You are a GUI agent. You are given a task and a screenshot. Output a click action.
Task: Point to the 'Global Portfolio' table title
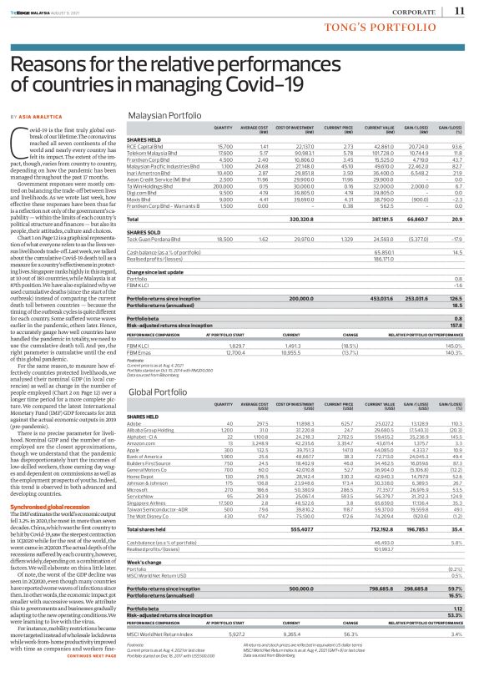(x=156, y=391)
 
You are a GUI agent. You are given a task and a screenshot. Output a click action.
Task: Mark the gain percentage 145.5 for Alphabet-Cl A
(x=455, y=437)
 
